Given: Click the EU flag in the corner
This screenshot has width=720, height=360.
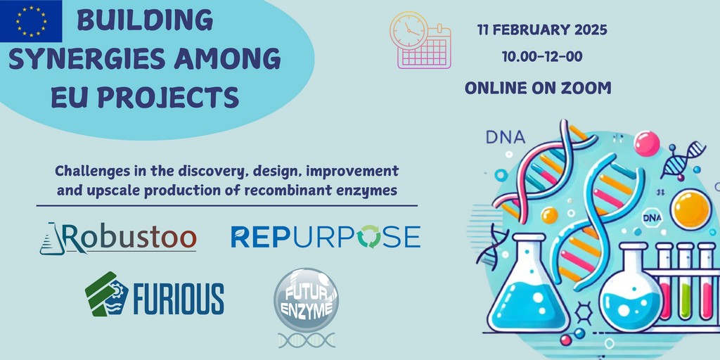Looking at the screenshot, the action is click(x=31, y=21).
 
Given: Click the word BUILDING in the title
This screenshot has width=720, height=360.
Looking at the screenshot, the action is click(x=145, y=20).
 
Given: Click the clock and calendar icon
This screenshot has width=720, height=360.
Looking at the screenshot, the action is click(x=420, y=40).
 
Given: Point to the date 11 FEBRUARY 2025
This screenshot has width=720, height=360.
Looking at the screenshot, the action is click(x=542, y=30).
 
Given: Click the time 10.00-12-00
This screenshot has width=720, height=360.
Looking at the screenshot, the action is click(x=542, y=56).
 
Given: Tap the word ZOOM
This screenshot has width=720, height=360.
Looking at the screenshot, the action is click(x=589, y=88).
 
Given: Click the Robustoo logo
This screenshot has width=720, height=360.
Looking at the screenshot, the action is click(x=118, y=238).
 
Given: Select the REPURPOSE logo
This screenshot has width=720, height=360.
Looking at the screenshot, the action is click(x=325, y=236).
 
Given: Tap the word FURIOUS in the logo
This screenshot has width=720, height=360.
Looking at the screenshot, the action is click(x=179, y=298).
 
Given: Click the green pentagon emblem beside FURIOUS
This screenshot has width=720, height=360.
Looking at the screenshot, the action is click(x=103, y=295).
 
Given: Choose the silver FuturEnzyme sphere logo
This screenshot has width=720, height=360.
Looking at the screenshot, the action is click(x=307, y=301).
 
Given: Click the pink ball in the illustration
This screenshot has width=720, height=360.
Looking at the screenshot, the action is click(x=647, y=143).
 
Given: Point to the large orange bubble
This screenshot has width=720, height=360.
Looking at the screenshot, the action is click(x=690, y=210).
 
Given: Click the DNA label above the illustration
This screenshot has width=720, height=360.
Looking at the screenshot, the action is click(x=504, y=137).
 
